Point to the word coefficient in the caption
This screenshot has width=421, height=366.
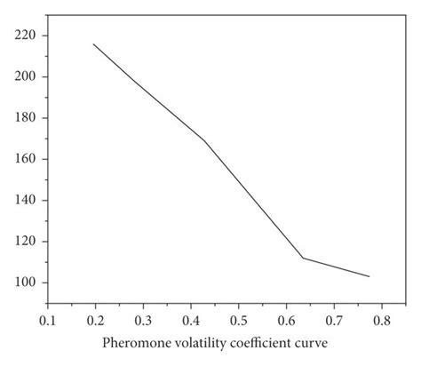click(261, 342)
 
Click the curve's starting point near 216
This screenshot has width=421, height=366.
click(93, 44)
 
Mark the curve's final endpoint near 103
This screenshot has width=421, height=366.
click(369, 276)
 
